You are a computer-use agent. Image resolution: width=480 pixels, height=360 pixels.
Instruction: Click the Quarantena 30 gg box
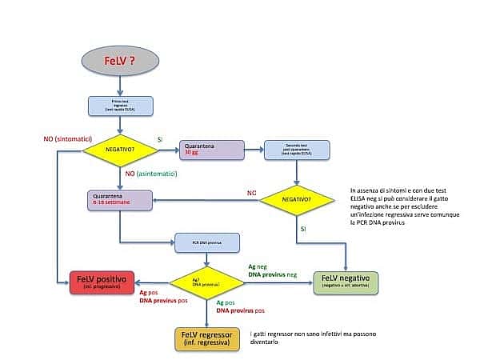pyautogui.click(x=211, y=149)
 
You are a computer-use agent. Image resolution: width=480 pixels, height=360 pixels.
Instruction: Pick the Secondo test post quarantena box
pyautogui.click(x=298, y=150)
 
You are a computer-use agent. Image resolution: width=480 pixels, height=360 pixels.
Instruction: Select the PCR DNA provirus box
pyautogui.click(x=208, y=240)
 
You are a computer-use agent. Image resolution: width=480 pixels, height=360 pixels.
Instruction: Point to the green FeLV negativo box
pyautogui.click(x=346, y=281)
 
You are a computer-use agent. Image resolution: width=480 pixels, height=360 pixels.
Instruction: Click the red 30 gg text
pyautogui.click(x=191, y=152)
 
